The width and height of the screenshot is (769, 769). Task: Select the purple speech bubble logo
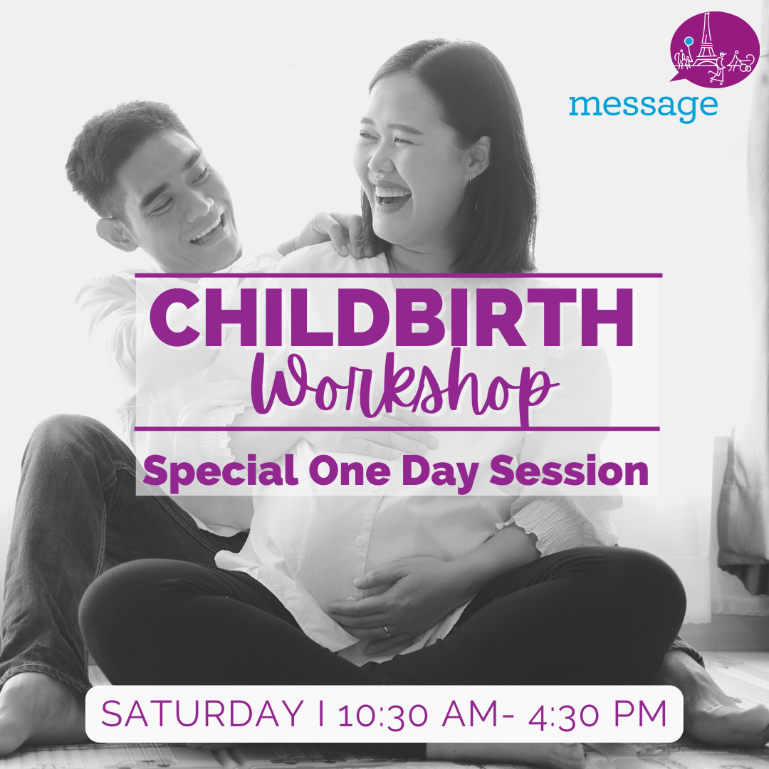(714, 48)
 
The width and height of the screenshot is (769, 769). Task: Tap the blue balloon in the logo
(689, 41)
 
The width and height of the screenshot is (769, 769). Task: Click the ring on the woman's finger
(385, 631)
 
